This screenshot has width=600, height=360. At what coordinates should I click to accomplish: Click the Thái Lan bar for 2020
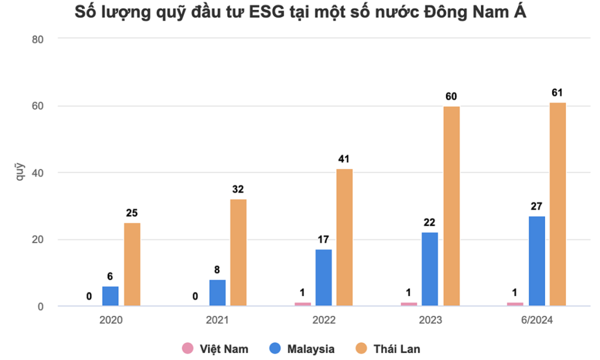coord(132,264)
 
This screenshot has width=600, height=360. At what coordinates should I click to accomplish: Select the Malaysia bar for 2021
coord(217,293)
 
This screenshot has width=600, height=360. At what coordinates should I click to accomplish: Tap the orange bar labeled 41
coord(345,237)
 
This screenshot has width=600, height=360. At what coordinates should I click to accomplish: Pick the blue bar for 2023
coord(429,269)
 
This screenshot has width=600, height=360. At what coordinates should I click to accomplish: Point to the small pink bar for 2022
coord(302,304)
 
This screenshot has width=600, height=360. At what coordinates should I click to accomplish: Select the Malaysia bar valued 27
coord(536,261)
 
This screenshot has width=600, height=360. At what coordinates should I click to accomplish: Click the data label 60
coord(451,97)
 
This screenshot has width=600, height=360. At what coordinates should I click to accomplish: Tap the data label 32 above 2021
coord(238,189)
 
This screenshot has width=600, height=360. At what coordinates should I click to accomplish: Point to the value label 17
coord(323,239)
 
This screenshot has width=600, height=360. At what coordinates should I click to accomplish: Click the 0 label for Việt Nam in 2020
coord(89,297)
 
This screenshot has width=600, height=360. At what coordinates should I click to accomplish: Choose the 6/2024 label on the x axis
coord(536,320)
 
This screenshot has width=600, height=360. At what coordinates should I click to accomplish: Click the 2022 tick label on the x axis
coord(323,320)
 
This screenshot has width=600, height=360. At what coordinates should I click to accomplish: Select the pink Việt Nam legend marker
coord(187,348)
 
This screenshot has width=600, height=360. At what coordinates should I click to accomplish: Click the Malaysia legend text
coord(311,349)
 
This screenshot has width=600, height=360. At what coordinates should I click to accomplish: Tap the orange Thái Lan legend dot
coord(362,348)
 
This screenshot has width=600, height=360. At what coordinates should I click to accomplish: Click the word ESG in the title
coord(265,13)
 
